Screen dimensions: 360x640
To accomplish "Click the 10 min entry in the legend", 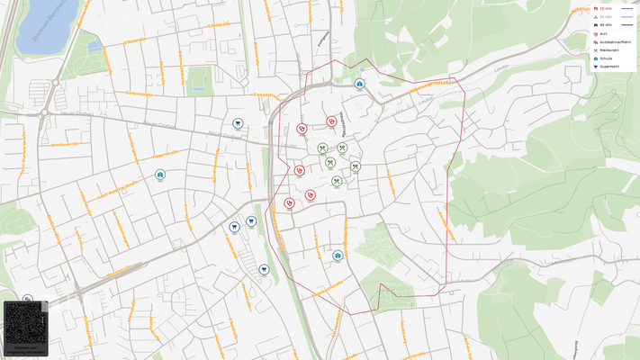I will point(605,8).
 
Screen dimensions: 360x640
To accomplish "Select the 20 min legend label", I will point(605,16).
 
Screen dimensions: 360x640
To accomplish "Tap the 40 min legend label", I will point(605,24).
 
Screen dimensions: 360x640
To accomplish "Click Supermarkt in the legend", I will point(608,66).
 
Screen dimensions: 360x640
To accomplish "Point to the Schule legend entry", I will point(605,58).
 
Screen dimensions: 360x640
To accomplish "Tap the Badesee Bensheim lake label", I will point(38,20).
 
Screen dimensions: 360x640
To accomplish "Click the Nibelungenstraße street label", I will point(430,85).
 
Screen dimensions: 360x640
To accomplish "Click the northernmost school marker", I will point(359,84).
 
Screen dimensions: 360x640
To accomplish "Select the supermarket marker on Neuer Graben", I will point(237,123).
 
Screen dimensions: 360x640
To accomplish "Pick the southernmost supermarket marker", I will point(264,268).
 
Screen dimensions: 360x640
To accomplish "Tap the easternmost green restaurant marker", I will point(356,166).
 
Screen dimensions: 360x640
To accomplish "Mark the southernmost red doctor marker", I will point(289,203).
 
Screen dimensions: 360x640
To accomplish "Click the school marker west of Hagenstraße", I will point(159,175).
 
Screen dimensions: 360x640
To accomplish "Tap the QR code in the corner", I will point(25,328).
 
